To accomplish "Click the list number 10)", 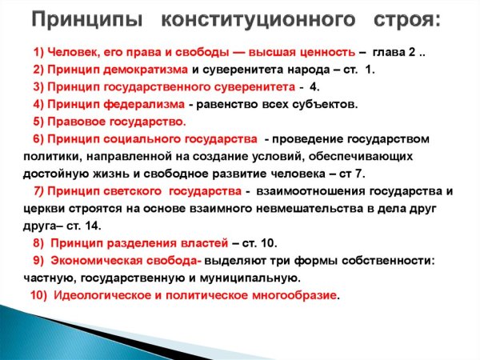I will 39,295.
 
